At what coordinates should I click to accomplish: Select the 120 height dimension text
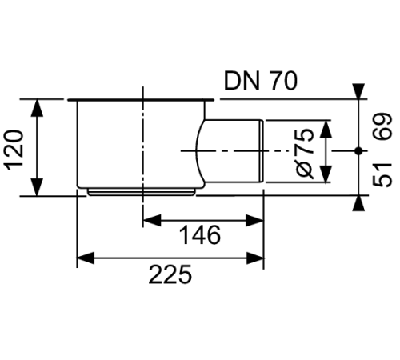[17, 148]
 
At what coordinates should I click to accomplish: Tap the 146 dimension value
[198, 235]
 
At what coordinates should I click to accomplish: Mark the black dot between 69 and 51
[357, 150]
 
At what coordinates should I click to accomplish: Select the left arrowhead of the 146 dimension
[150, 218]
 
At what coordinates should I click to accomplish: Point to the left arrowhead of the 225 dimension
[83, 258]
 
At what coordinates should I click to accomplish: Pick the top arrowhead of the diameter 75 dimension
[326, 126]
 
